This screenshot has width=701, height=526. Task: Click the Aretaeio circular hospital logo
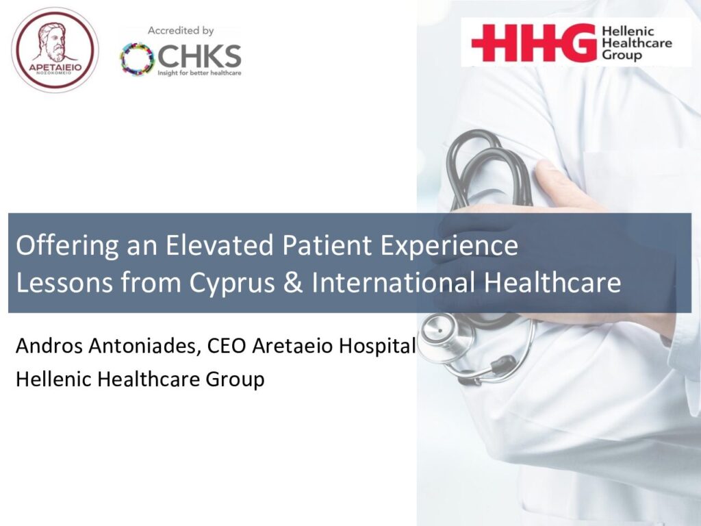point(55,50)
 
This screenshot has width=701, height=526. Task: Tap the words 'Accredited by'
point(181,31)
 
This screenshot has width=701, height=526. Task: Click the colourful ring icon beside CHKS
point(137,59)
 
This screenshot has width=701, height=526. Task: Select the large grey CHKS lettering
point(199,56)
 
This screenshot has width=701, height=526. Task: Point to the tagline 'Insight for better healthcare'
point(199,73)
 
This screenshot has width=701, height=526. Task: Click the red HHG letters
point(534,42)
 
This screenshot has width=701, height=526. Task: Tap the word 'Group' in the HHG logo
point(622,55)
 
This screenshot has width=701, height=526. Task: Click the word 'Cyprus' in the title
point(232,283)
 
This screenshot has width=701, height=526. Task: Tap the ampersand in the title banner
point(293,282)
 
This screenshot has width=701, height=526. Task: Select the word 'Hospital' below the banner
point(377,346)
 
